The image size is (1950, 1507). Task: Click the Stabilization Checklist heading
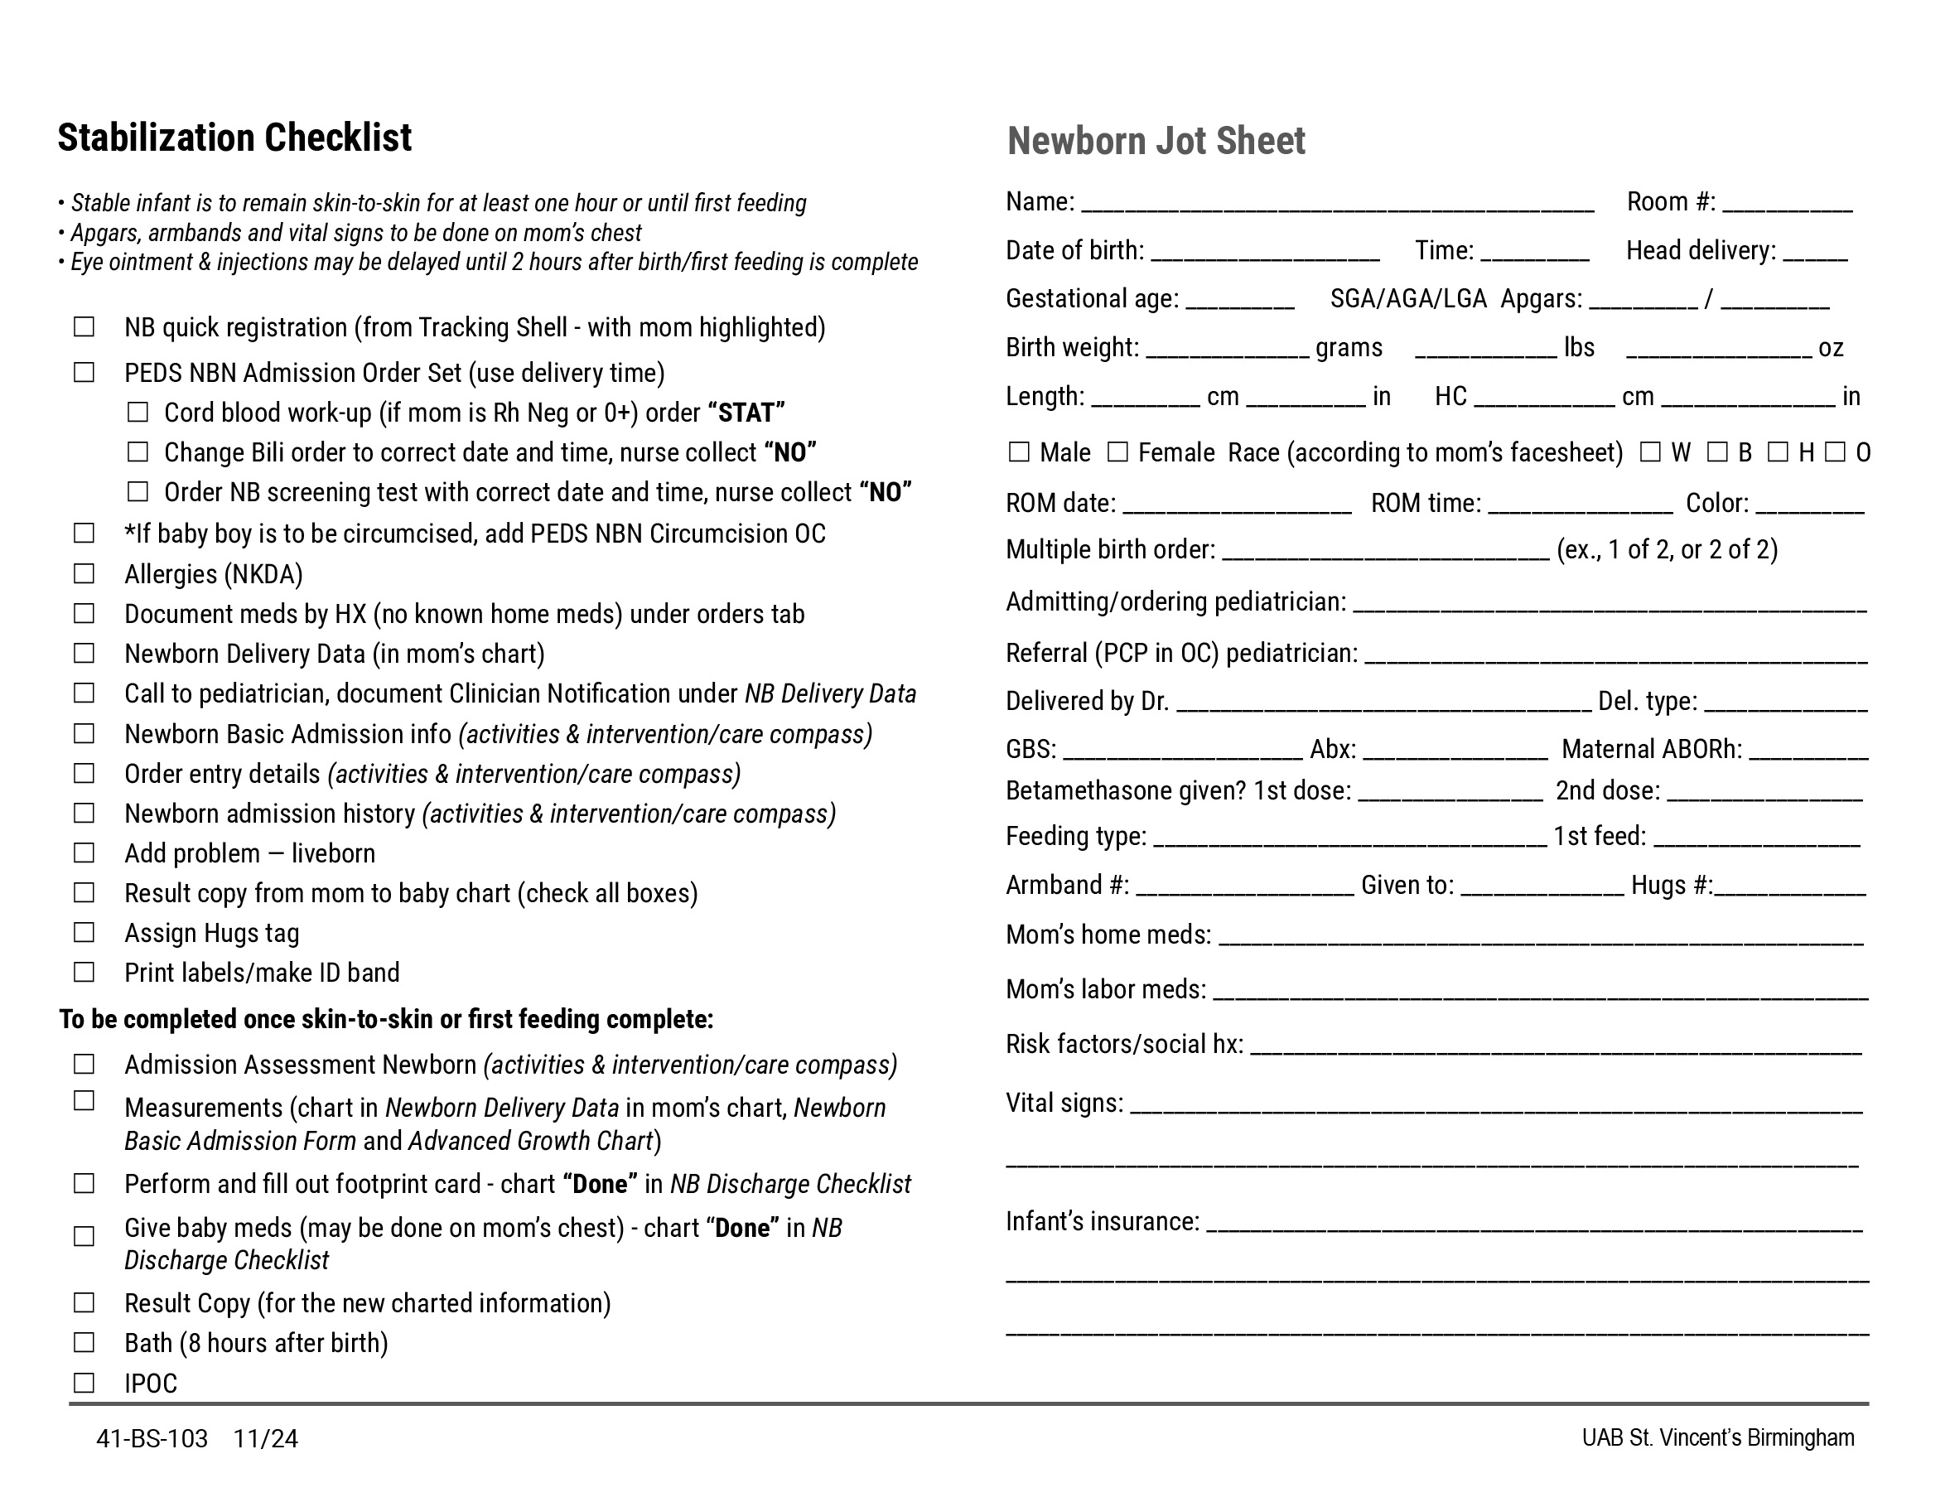pos(234,138)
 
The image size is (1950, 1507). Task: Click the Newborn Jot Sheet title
pos(1156,141)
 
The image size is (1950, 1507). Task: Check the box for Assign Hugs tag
pos(84,932)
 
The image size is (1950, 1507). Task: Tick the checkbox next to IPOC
pos(84,1382)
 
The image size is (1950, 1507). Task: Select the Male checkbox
pos(1019,452)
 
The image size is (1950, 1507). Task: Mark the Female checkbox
pos(1117,452)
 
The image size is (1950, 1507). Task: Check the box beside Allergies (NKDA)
pos(84,573)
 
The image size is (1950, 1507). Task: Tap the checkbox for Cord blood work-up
pos(138,412)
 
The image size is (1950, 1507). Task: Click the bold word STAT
pos(746,413)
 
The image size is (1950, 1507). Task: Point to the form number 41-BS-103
pos(152,1438)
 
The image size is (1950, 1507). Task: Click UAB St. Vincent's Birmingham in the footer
pos(1717,1437)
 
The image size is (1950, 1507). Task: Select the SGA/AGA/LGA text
pos(1407,298)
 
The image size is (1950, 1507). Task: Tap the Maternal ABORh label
pos(1651,749)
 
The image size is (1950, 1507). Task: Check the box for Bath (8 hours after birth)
pos(84,1342)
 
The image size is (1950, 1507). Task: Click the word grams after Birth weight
pos(1349,347)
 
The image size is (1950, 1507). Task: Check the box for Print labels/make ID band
pos(84,971)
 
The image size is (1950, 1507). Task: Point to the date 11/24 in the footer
pos(265,1438)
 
